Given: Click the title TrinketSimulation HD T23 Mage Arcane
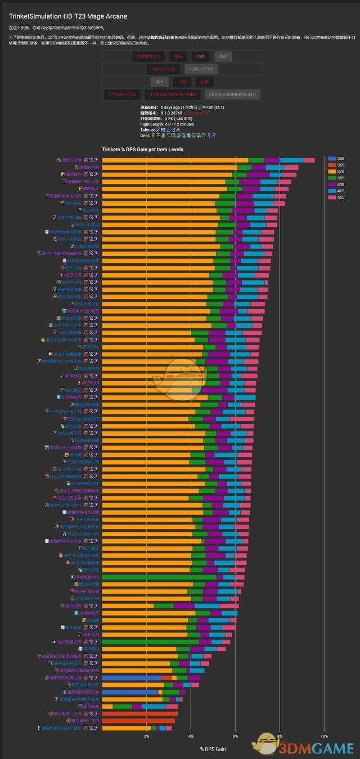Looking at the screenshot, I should [67, 16].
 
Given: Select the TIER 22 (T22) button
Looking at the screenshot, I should [163, 69].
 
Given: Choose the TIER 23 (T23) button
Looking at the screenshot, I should [200, 69].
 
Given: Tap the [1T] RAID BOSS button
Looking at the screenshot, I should [122, 94].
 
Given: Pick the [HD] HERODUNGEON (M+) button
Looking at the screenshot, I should [232, 94].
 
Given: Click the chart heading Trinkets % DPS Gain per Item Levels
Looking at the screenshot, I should [142, 150].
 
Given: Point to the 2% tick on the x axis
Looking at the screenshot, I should [146, 737].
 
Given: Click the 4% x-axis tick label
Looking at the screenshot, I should [191, 737].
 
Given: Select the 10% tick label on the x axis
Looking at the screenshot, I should [324, 737].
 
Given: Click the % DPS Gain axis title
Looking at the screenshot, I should [213, 749].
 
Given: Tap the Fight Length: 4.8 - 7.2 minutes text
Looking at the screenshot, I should [167, 124].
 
